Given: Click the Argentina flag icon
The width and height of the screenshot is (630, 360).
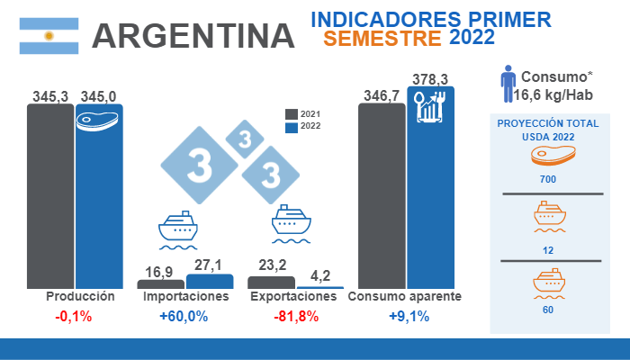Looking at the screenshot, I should click(50, 35).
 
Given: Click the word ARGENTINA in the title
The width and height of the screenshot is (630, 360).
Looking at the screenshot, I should click(194, 35).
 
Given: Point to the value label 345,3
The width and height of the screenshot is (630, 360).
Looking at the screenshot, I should click(50, 94).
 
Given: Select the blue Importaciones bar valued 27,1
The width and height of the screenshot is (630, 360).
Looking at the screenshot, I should click(210, 281).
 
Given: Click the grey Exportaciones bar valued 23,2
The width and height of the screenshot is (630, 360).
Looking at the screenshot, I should click(271, 282).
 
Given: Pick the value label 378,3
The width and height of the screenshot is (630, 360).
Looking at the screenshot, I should click(430, 79).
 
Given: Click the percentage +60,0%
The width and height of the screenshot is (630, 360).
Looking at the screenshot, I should click(184, 316).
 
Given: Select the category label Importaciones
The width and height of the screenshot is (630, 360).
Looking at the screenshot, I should click(185, 296).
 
